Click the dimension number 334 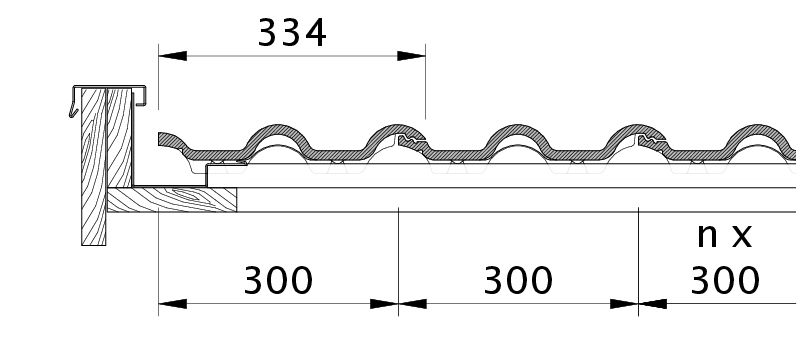click(292, 33)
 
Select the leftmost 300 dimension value click(278, 280)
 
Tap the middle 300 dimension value click(518, 280)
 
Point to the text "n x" click(724, 235)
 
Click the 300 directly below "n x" click(725, 280)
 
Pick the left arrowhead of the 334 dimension click(172, 56)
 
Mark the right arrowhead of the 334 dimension click(411, 56)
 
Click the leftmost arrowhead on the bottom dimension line click(172, 304)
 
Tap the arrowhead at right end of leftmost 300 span click(384, 304)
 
